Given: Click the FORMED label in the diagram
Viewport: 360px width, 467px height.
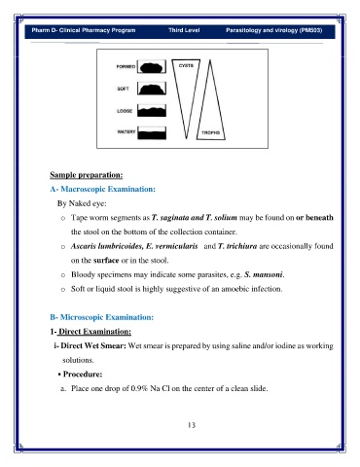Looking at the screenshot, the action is pyautogui.click(x=126, y=66).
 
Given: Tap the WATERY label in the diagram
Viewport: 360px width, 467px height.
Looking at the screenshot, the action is pyautogui.click(x=126, y=131).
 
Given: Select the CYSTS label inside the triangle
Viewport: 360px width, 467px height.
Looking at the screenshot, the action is pyautogui.click(x=186, y=65).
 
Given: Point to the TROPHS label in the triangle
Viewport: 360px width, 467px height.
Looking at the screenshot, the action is pyautogui.click(x=211, y=132).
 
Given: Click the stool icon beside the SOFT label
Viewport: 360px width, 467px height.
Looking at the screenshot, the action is pyautogui.click(x=152, y=89).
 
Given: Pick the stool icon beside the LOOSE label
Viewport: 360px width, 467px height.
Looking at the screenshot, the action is pyautogui.click(x=152, y=111).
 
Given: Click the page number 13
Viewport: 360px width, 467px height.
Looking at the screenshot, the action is pyautogui.click(x=192, y=425).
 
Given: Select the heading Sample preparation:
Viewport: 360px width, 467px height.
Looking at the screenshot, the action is pyautogui.click(x=87, y=175).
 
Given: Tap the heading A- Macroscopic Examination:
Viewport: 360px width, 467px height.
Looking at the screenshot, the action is pyautogui.click(x=103, y=189).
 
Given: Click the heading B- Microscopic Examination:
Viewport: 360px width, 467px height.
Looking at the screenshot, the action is pyautogui.click(x=102, y=317).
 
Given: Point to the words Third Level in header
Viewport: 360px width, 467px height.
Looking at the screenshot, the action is pyautogui.click(x=184, y=30).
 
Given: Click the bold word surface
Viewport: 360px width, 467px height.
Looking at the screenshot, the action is pyautogui.click(x=106, y=260).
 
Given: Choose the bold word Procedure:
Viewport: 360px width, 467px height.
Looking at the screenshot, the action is pyautogui.click(x=83, y=374).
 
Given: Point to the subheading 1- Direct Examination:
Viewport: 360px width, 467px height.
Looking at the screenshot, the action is pyautogui.click(x=90, y=332).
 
